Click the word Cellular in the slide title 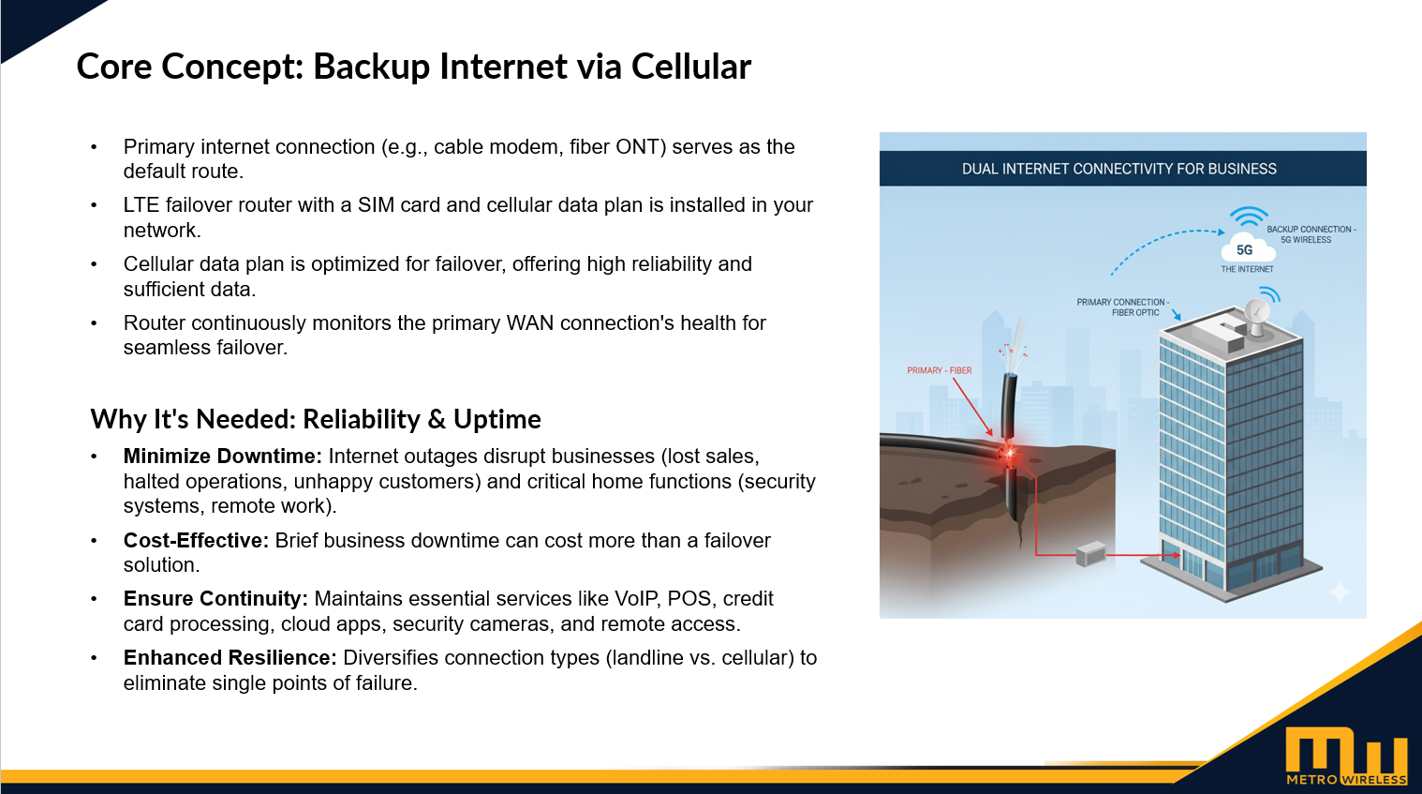[x=690, y=67]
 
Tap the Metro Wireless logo [x=1346, y=756]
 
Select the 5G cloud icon [x=1244, y=248]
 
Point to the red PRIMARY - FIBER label [x=939, y=370]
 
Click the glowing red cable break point [x=1009, y=454]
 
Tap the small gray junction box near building [x=1090, y=554]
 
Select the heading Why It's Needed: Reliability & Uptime [x=316, y=419]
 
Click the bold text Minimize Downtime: [x=223, y=457]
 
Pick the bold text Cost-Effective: [x=196, y=541]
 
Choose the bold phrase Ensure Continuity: [x=215, y=599]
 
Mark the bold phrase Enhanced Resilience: [x=230, y=658]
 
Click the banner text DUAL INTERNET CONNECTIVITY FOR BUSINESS [x=1118, y=169]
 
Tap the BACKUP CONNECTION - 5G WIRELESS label [x=1310, y=234]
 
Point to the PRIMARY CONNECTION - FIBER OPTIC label [x=1122, y=307]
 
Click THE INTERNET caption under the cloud [x=1247, y=269]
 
